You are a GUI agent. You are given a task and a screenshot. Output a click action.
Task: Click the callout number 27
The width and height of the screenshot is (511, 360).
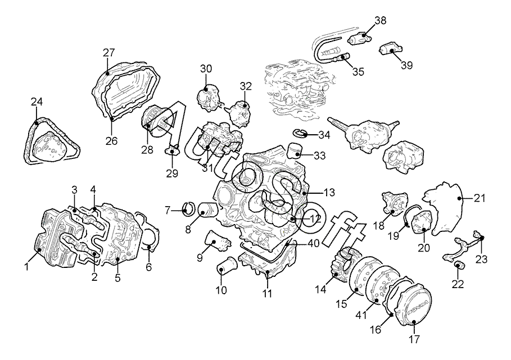click(x=109, y=52)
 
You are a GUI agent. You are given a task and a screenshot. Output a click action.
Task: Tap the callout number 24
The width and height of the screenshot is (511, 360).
click(x=37, y=102)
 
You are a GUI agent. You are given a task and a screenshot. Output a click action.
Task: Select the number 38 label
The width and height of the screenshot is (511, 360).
click(x=380, y=20)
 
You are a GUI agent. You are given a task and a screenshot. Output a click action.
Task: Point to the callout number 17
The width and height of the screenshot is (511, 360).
click(x=414, y=339)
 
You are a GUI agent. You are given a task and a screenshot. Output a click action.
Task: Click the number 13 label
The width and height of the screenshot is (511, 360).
click(x=329, y=193)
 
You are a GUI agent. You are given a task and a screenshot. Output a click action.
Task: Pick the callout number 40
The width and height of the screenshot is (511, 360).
click(x=313, y=244)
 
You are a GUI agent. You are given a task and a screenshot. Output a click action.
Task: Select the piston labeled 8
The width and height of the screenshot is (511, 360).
click(x=207, y=211)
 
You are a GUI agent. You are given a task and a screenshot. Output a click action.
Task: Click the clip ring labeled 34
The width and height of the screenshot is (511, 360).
click(x=300, y=132)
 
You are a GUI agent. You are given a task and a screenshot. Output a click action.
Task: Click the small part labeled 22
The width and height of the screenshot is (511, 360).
click(x=458, y=265)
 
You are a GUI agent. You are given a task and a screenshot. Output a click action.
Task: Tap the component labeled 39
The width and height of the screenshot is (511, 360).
click(x=391, y=48)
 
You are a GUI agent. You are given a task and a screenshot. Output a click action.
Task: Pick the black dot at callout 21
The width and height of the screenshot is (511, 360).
click(x=459, y=198)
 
